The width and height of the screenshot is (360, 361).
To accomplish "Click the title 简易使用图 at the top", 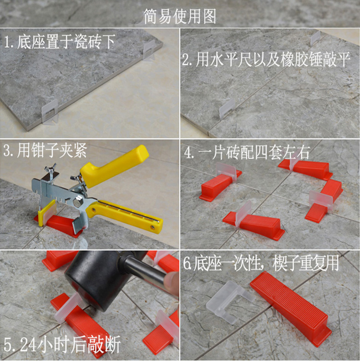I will click(x=180, y=16).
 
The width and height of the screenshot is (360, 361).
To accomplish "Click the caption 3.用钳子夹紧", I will click(x=45, y=152).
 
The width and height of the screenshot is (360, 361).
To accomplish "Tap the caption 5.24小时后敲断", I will click(x=61, y=345).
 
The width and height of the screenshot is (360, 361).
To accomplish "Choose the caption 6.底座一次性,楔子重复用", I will click(x=261, y=263).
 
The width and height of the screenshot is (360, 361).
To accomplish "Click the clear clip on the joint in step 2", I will click(x=226, y=109).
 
